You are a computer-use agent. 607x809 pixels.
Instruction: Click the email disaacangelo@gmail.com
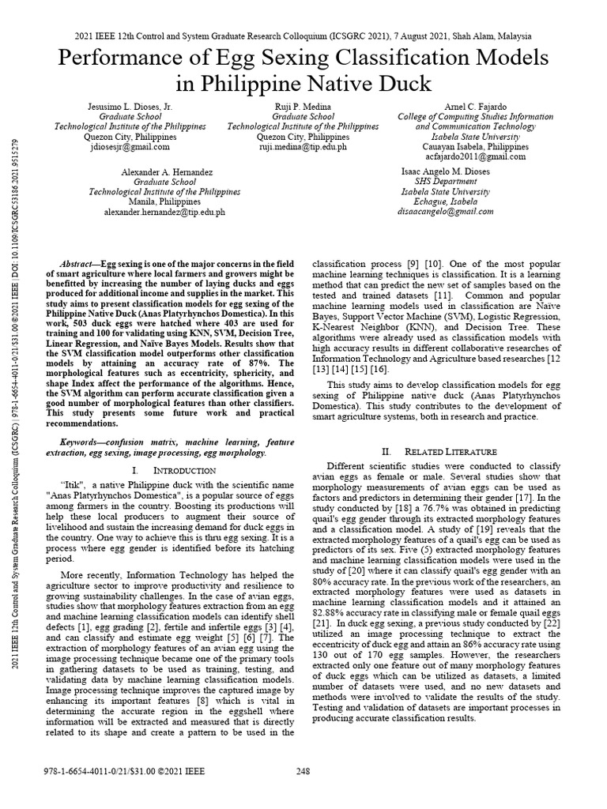pos(447,212)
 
